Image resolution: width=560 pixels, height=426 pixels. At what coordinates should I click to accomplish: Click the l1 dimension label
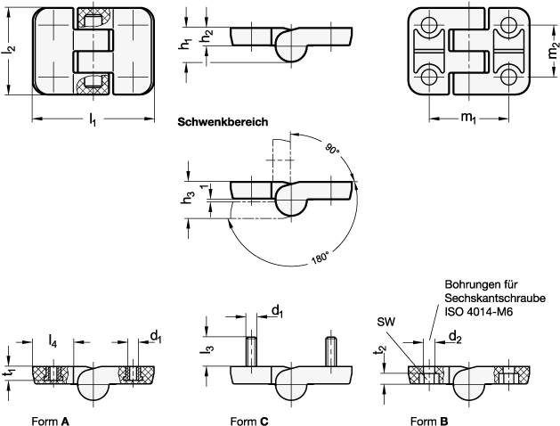click(93, 119)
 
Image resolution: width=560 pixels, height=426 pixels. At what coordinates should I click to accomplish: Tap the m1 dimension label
click(468, 118)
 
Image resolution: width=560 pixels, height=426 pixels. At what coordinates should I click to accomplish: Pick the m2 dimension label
click(554, 51)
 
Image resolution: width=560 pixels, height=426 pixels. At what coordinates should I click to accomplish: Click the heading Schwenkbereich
click(223, 122)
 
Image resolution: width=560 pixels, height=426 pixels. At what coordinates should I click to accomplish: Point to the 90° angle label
click(332, 149)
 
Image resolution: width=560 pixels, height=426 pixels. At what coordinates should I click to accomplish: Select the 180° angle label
click(320, 258)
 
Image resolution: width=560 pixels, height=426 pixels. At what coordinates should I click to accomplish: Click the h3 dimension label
click(188, 198)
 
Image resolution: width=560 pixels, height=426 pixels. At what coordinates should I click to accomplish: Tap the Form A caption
click(51, 422)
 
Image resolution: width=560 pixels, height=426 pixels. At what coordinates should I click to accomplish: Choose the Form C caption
click(249, 422)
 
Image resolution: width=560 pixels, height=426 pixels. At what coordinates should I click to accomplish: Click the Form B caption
click(429, 422)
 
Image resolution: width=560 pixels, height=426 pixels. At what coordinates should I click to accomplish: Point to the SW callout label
click(386, 322)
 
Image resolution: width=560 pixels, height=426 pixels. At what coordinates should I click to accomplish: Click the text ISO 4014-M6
click(479, 312)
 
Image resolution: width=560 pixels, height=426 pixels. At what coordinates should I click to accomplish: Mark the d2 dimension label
click(455, 337)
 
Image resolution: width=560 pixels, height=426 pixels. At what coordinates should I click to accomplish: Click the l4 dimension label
click(53, 341)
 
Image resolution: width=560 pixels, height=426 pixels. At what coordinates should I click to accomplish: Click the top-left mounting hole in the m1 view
click(428, 25)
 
